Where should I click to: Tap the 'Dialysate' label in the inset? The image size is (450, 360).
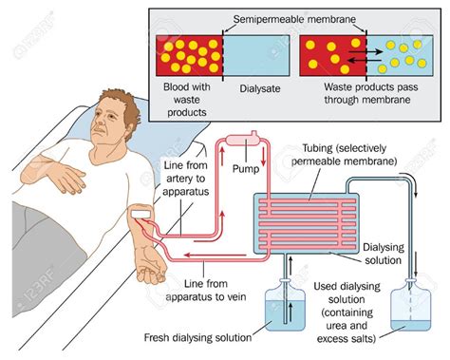(252, 85)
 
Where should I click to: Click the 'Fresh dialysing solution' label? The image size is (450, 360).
(196, 337)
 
